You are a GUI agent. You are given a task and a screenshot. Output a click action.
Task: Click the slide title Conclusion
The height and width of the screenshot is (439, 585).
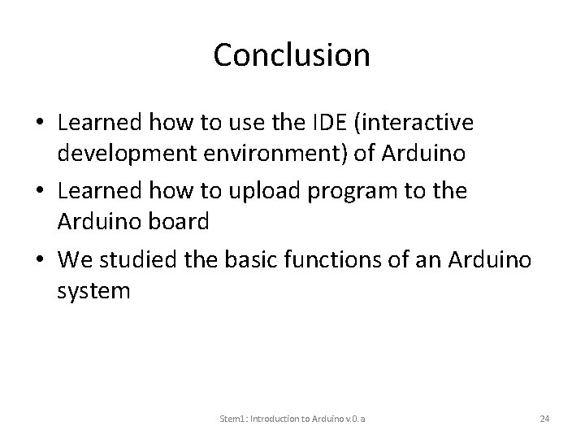point(292,55)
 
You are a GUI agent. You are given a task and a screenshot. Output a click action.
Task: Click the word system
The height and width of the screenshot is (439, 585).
point(93,289)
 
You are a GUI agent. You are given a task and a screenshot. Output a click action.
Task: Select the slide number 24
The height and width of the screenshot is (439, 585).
point(545,419)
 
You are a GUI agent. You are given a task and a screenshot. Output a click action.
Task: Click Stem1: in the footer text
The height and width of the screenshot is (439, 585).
point(234,419)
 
